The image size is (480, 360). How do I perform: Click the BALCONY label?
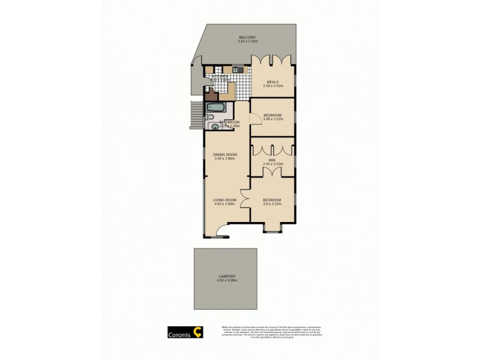tap(248, 37)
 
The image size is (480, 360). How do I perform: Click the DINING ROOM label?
tap(226, 155)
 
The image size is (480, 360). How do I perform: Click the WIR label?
tap(272, 160)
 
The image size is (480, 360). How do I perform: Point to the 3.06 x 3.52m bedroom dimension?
tap(272, 119)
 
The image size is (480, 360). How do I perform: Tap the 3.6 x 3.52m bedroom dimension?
tap(272, 204)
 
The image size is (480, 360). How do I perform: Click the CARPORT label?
tap(226, 277)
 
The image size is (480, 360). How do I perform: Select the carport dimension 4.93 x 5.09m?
tap(226, 281)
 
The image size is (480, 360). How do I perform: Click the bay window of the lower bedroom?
tap(272, 229)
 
